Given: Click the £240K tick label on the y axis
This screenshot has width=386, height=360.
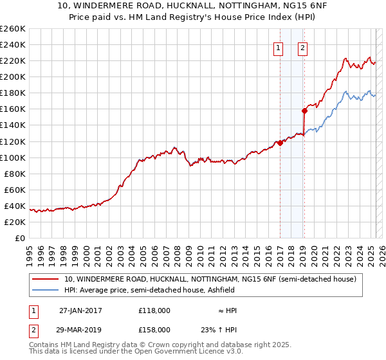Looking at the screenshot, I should pyautogui.click(x=13, y=44).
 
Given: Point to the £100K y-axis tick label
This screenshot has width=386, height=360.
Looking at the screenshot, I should pyautogui.click(x=13, y=157).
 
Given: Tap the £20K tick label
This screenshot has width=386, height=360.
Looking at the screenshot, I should pyautogui.click(x=15, y=222).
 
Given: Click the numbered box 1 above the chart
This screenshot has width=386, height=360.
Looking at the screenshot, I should pyautogui.click(x=279, y=47).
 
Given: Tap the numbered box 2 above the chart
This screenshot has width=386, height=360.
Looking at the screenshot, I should pyautogui.click(x=302, y=47).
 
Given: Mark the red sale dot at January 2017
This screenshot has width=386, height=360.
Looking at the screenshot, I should pyautogui.click(x=280, y=143).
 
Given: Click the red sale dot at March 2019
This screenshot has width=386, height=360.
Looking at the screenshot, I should pyautogui.click(x=305, y=111).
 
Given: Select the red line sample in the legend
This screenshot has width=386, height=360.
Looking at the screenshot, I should pyautogui.click(x=45, y=279).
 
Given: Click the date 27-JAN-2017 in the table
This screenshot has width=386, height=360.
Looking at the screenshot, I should pyautogui.click(x=80, y=310).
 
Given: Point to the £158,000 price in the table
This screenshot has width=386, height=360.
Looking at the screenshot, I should pyautogui.click(x=154, y=329).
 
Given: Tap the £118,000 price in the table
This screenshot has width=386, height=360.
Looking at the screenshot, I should pyautogui.click(x=154, y=310).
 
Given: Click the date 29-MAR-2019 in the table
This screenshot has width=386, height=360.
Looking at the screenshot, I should pyautogui.click(x=80, y=329).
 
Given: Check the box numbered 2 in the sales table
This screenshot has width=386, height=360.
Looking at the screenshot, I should pyautogui.click(x=33, y=329).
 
